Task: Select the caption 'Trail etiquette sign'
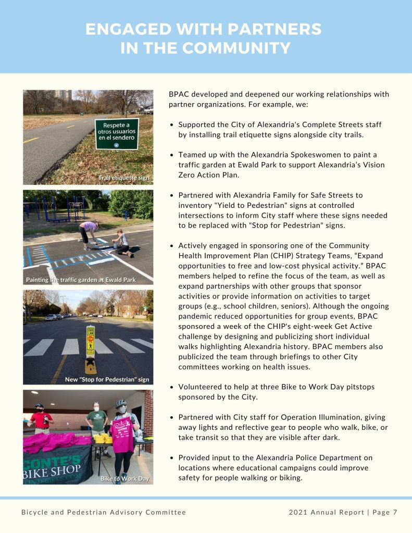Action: pos(123,178)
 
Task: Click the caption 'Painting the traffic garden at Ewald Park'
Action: pos(81,280)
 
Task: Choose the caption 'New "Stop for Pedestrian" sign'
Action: pos(107,379)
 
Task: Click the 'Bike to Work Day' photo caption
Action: pos(124,478)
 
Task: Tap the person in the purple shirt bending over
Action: pos(86,232)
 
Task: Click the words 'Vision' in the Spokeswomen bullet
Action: pos(373,165)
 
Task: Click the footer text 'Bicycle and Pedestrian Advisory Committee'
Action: pos(104,512)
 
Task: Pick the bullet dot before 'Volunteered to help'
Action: pos(172,387)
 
